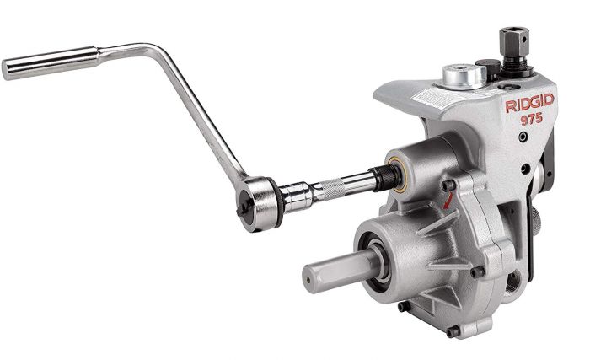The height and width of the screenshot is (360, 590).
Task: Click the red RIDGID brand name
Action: pos(529,103)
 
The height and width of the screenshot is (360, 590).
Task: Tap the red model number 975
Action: pos(532,120)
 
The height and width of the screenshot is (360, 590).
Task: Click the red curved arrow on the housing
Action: pos(448,200)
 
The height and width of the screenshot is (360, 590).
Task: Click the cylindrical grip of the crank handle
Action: pos(51,63)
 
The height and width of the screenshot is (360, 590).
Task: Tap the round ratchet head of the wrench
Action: pos(260,203)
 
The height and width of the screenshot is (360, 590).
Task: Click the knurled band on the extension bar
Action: pos(331,189)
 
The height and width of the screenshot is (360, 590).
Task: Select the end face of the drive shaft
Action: pos(309,280)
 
